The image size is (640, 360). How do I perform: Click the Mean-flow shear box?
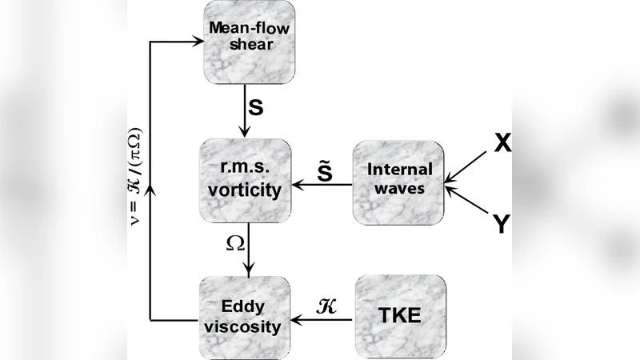(x=246, y=42)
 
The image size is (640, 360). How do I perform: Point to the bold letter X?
(x=502, y=142)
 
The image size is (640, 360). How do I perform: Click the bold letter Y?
(x=501, y=226)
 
